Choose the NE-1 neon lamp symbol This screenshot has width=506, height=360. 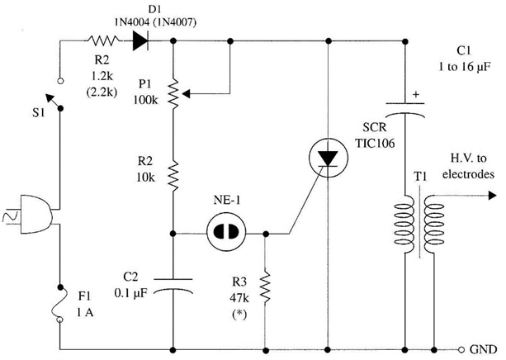tap(220, 233)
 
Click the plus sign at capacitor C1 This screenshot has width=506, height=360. tap(415, 95)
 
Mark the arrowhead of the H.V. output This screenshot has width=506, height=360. tap(493, 197)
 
